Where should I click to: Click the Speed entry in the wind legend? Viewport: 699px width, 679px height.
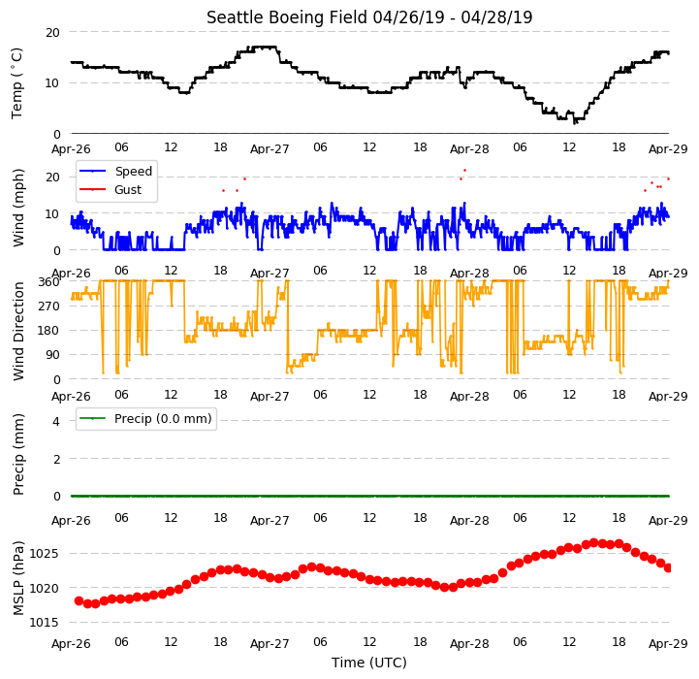[x=133, y=171]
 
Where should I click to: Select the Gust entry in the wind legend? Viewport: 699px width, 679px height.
[x=128, y=189]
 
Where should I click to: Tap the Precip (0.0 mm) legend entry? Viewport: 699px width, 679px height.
[x=163, y=418]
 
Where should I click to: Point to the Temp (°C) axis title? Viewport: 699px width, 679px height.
[x=16, y=83]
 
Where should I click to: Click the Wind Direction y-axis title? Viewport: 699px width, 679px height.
[x=17, y=331]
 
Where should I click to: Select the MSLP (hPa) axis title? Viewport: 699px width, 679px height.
[x=17, y=578]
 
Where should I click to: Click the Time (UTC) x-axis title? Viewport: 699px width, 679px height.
[x=368, y=663]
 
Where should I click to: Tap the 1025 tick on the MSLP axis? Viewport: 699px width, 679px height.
[x=44, y=554]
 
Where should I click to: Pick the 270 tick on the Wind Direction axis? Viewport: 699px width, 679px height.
[x=50, y=307]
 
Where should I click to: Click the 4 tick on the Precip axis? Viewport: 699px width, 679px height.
[x=55, y=421]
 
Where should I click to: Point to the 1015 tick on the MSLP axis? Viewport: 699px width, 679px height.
[x=44, y=623]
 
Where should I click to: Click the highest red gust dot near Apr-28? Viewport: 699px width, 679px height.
[x=465, y=170]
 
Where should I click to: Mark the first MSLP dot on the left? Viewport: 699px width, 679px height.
[x=79, y=601]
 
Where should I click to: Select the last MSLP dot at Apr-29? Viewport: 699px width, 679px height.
[x=668, y=567]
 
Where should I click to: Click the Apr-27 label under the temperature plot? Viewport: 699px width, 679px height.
[x=270, y=148]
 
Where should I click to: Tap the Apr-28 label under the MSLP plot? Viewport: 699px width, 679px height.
[x=469, y=644]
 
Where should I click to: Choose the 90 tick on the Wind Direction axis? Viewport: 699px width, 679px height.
[x=53, y=355]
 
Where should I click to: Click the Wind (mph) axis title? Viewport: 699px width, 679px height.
[x=17, y=208]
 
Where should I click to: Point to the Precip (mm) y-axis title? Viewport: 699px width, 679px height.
[x=17, y=455]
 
